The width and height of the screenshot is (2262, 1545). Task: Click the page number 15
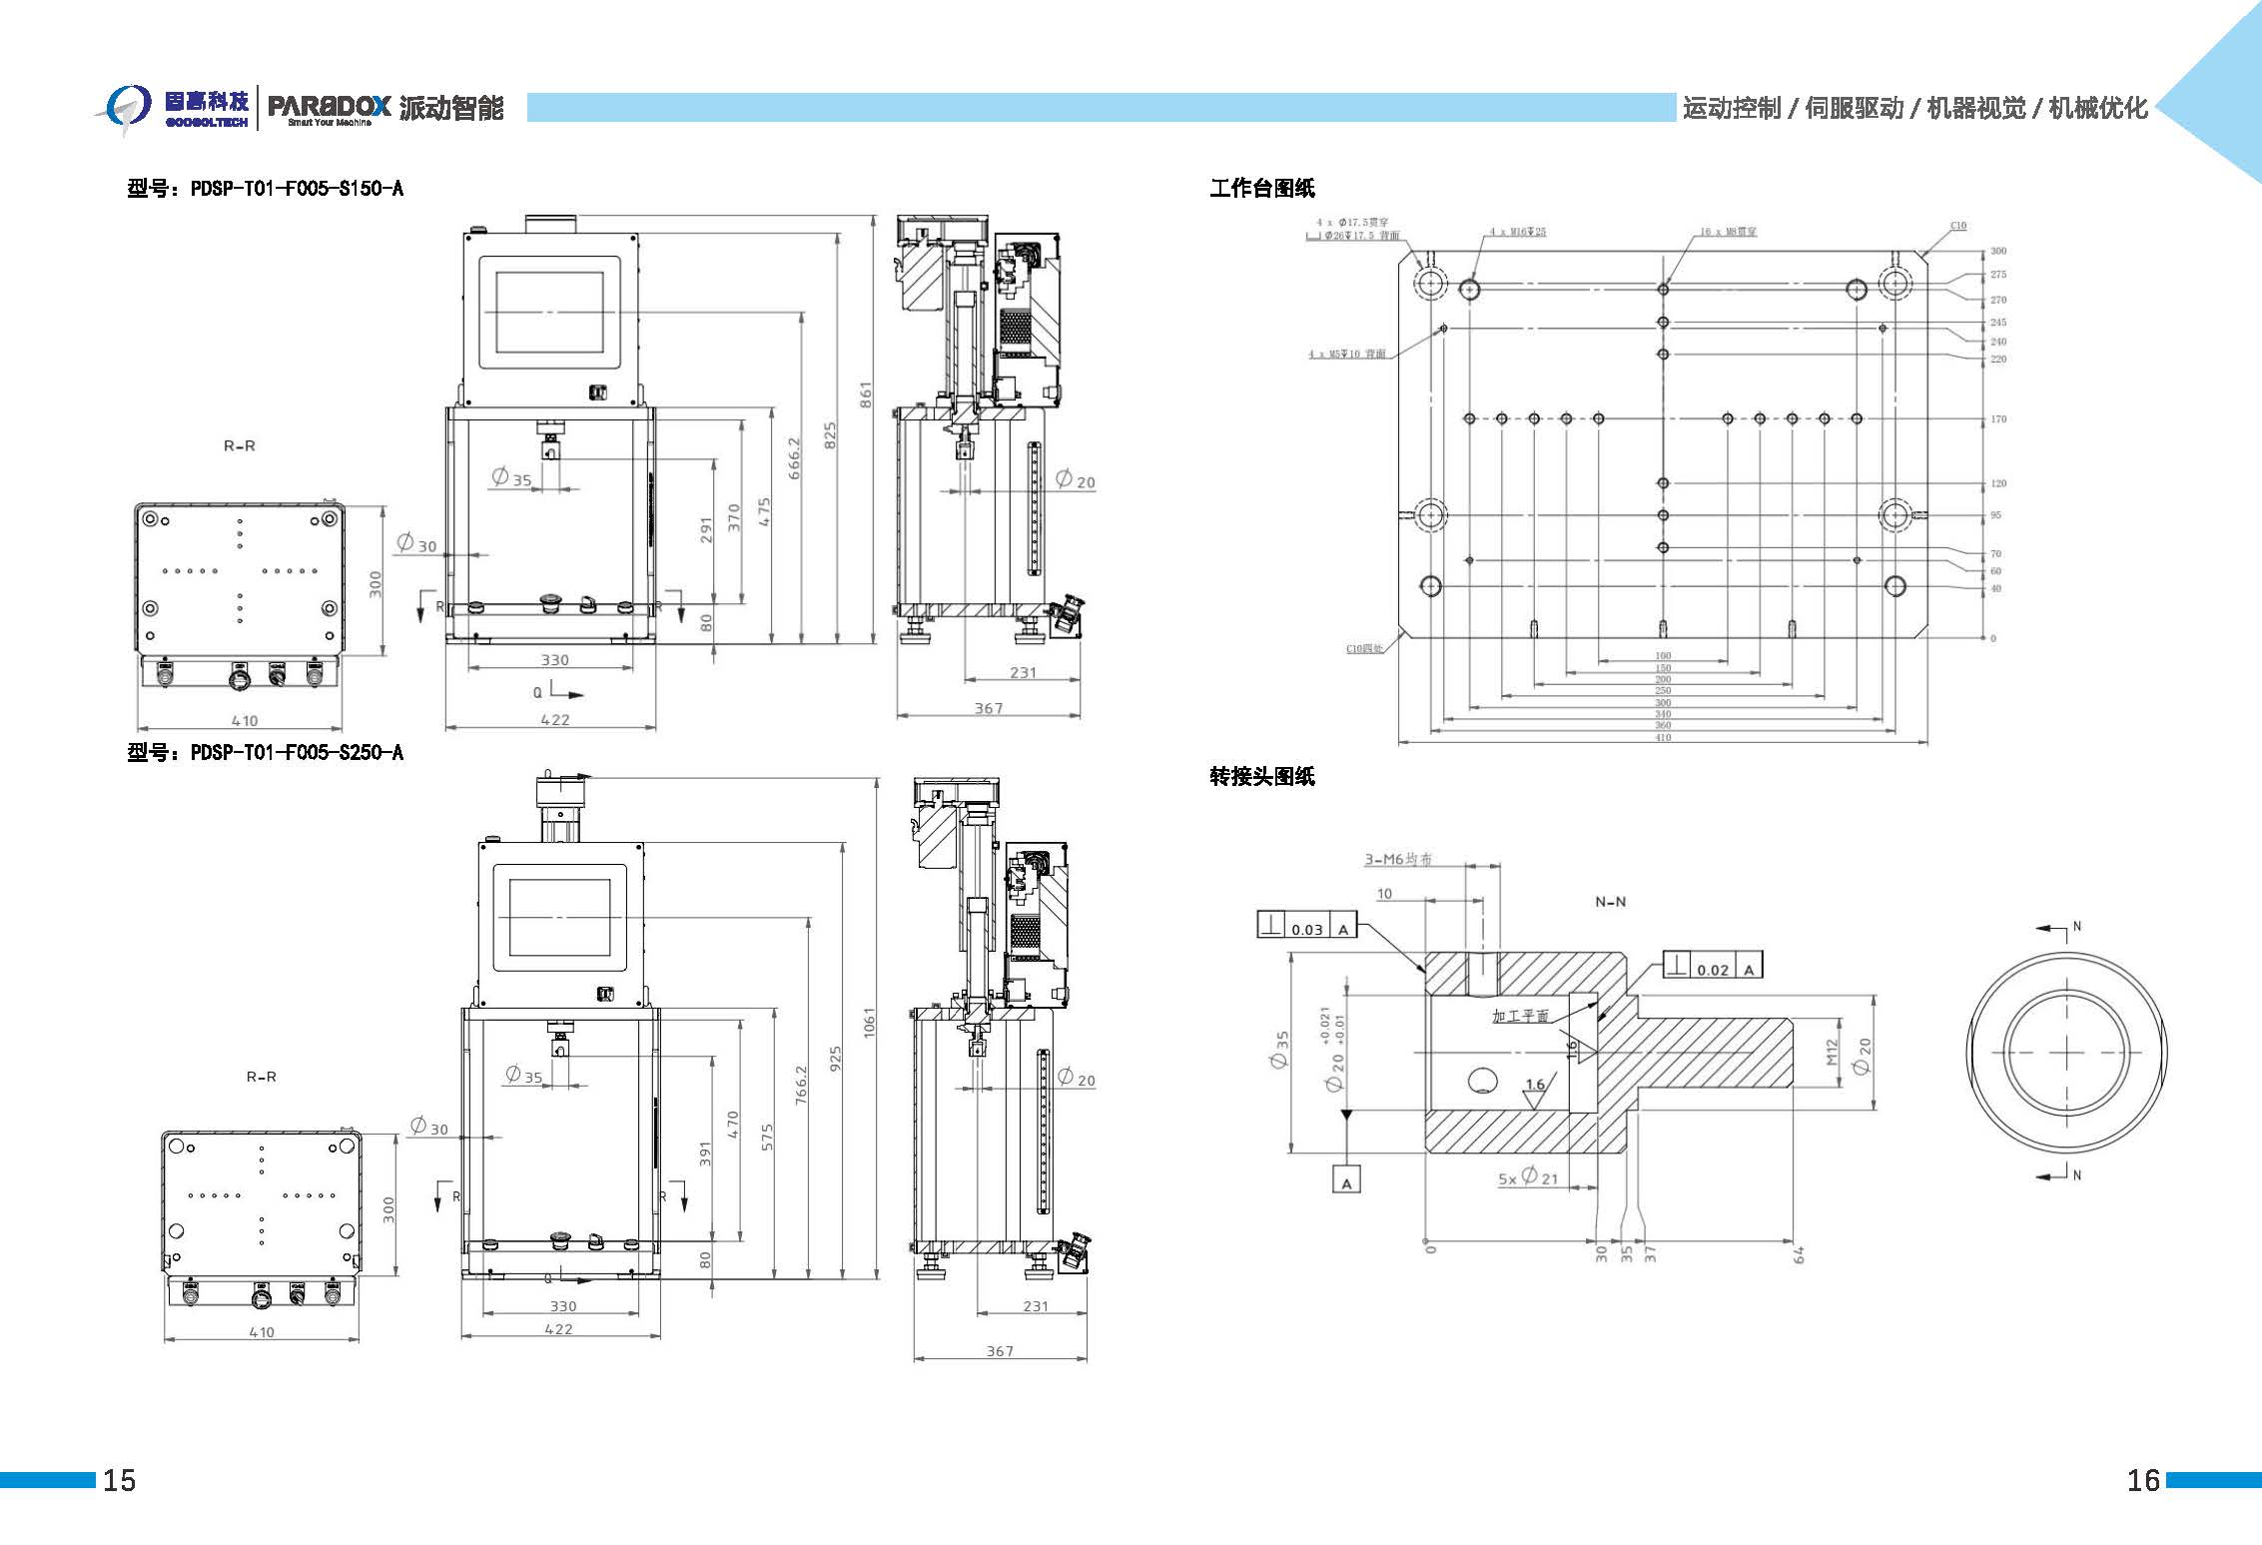coord(119,1479)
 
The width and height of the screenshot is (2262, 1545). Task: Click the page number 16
coord(2143,1479)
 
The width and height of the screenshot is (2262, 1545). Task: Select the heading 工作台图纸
coord(1261,188)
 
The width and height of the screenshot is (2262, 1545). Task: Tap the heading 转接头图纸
coord(1261,776)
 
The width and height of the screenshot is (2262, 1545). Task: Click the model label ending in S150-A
coord(265,188)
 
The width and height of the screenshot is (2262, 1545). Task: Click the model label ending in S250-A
coord(265,752)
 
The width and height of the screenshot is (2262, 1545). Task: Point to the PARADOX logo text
coord(329,105)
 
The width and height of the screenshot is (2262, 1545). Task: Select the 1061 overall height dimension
coord(869,1023)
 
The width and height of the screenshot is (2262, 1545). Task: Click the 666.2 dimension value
coord(794,457)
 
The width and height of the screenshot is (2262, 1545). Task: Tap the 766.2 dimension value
coord(800,1085)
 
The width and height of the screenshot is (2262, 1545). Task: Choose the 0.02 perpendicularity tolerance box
coord(1713,967)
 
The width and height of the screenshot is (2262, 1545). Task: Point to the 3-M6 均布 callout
coord(1398,859)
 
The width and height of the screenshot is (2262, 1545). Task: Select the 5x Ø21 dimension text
coord(1528,1177)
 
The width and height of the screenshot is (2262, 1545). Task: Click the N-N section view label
coord(1610,902)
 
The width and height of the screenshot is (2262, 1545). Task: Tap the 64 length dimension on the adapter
coord(1799,1253)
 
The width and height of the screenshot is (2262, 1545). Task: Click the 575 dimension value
coord(767,1138)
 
